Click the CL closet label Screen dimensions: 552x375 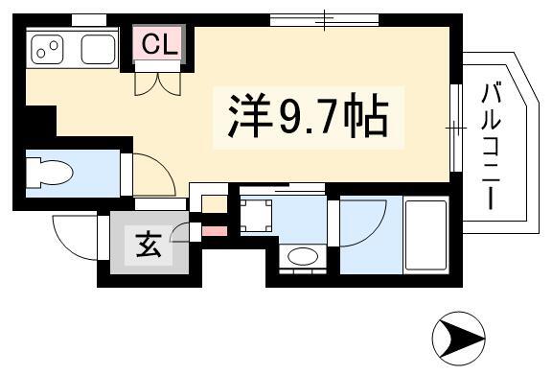159,44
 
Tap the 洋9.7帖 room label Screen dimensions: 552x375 308,116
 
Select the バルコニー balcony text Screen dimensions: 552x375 491,147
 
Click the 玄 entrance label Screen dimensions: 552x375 149,245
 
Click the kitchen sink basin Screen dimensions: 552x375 98,49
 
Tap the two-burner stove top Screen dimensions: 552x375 48,49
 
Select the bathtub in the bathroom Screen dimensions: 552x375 425,235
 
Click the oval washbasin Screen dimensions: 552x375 303,256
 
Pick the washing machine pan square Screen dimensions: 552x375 256,216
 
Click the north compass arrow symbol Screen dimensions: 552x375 459,339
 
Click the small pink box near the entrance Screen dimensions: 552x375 215,231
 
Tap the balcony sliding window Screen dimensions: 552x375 456,128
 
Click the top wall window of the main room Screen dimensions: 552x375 324,19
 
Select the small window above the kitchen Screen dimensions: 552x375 89,20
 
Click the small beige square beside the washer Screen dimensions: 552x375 214,204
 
